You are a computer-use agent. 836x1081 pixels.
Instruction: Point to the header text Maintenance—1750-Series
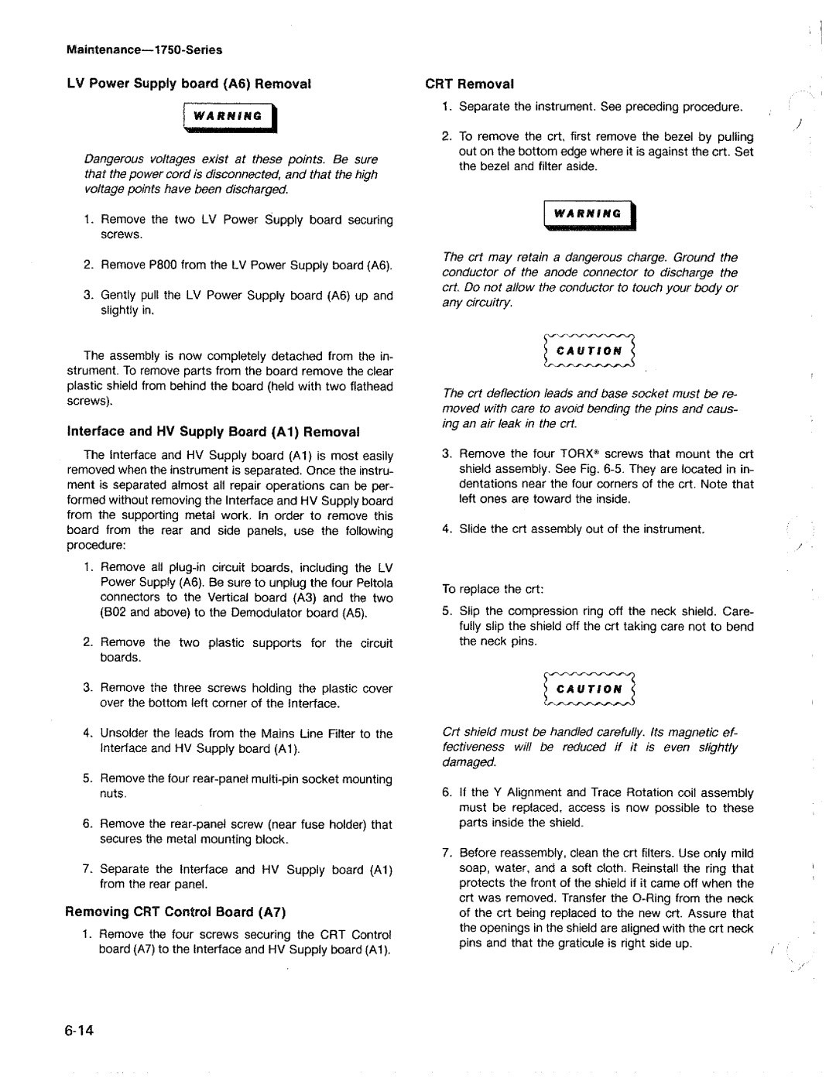(x=145, y=50)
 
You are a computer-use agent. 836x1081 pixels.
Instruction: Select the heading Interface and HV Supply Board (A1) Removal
(x=214, y=432)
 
